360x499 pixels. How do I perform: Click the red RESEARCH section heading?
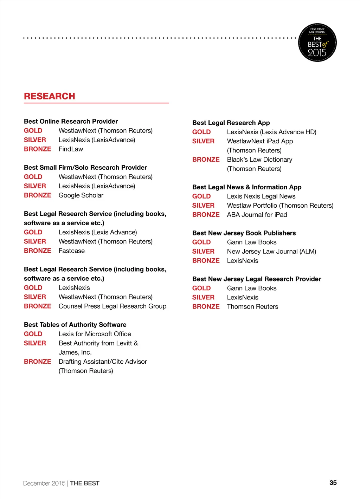tap(50, 96)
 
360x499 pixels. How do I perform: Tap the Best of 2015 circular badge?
tap(317, 43)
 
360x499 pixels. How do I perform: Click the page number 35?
tap(333, 482)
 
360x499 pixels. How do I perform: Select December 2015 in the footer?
tap(44, 483)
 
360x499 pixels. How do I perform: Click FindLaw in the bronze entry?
tap(71, 149)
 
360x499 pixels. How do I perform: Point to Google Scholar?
tap(81, 195)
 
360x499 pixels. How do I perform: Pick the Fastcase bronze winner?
tap(72, 251)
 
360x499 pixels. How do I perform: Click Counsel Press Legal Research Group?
tap(112, 306)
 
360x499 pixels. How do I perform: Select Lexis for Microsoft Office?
tap(95, 334)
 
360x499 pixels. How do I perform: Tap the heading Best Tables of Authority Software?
tap(75, 325)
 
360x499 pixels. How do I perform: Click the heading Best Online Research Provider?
tap(71, 121)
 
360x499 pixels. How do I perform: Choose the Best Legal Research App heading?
tap(231, 123)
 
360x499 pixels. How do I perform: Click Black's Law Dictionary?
tap(259, 160)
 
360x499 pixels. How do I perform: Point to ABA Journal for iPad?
tap(257, 215)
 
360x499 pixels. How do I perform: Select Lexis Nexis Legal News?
tap(261, 196)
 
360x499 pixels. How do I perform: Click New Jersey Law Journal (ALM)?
tap(271, 251)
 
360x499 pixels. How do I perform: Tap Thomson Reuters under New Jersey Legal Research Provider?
tap(252, 306)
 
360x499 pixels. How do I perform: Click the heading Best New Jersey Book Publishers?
tap(244, 233)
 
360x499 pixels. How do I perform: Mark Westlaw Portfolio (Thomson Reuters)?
tap(280, 206)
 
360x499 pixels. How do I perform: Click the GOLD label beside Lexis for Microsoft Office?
tap(33, 334)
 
